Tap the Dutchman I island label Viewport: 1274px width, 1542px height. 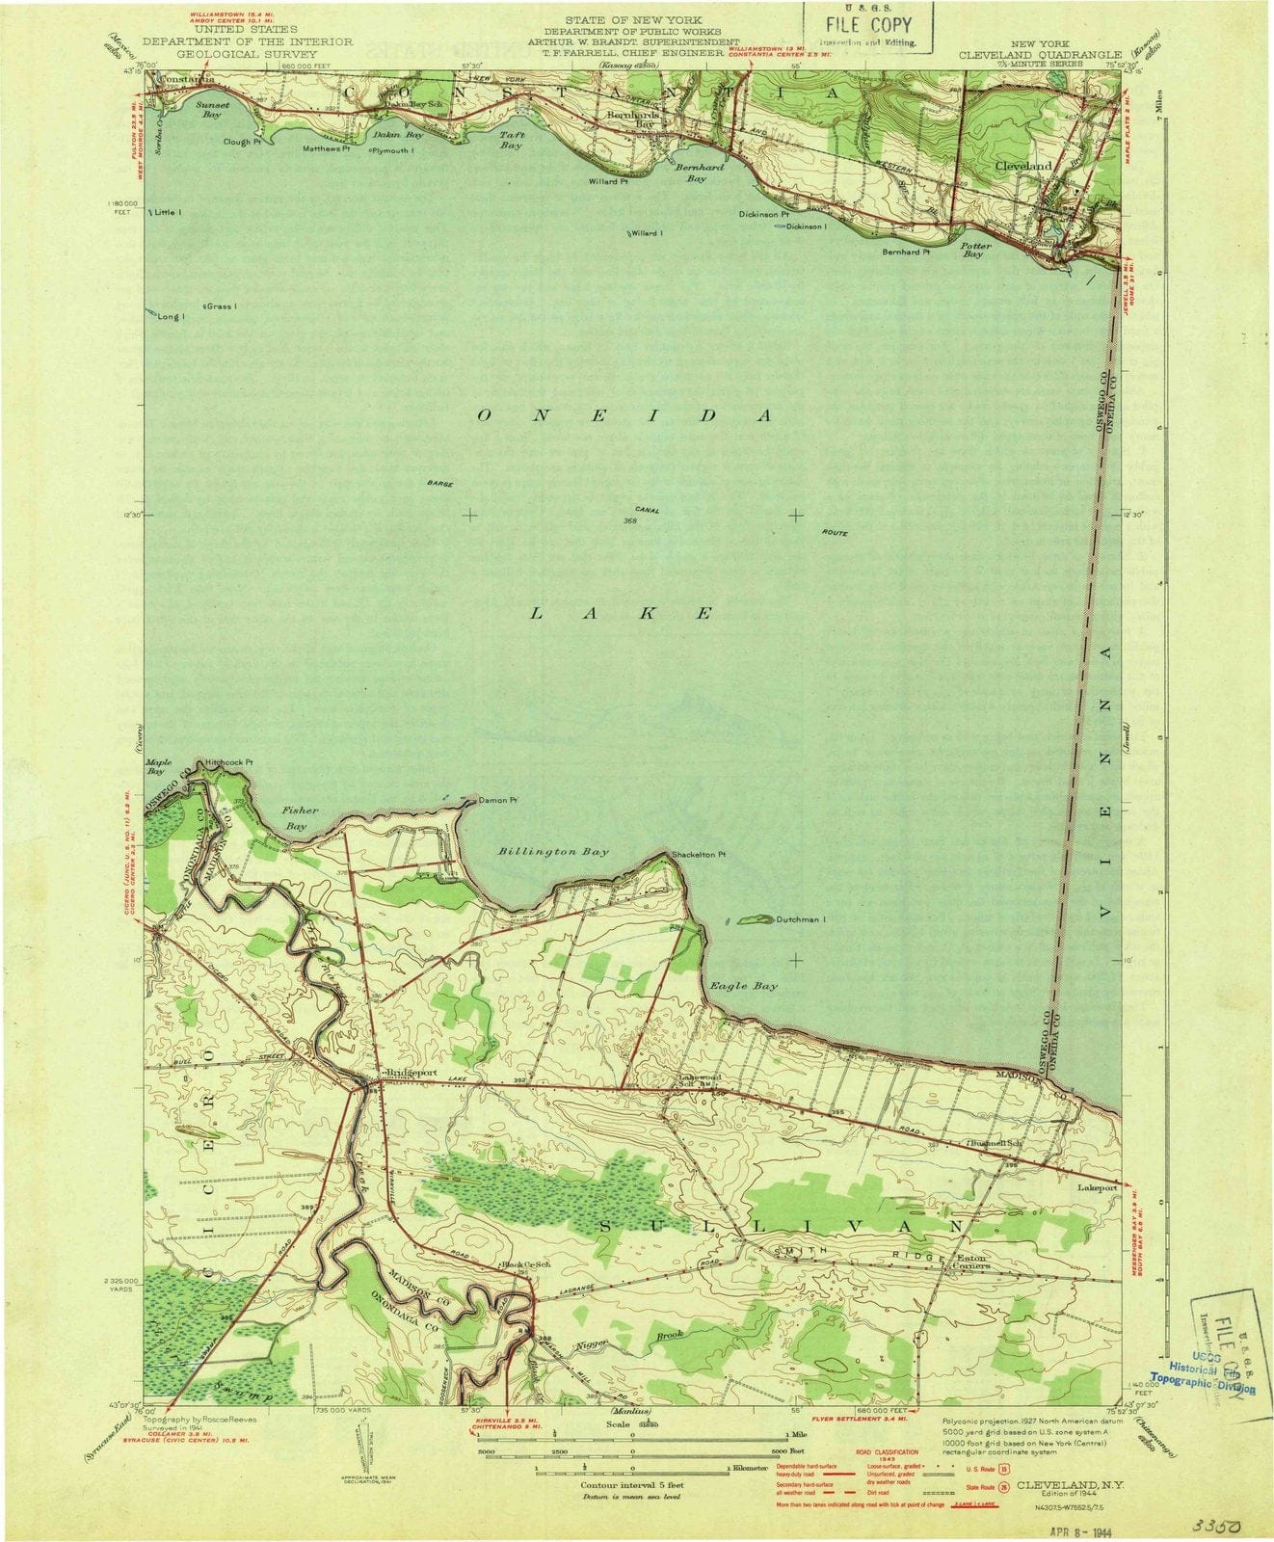point(802,919)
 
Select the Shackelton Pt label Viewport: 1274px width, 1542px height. point(699,854)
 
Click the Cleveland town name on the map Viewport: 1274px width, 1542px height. point(1023,166)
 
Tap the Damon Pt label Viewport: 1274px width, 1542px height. point(499,800)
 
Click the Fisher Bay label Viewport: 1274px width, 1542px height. point(299,818)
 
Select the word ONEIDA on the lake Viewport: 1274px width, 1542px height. point(624,415)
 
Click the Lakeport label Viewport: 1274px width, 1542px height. point(1097,1188)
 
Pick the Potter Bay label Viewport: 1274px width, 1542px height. point(975,250)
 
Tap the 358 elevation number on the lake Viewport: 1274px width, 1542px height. point(631,521)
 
